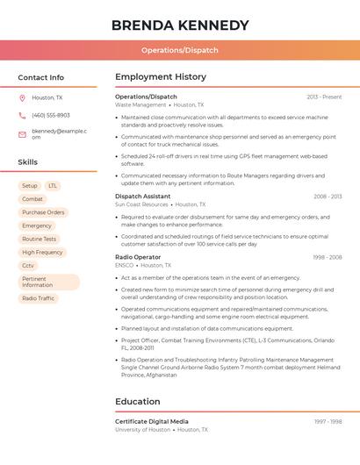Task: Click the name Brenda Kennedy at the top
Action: click(x=180, y=25)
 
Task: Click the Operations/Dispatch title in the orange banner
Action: click(x=180, y=50)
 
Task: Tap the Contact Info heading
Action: click(x=40, y=77)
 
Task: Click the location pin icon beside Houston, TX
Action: click(x=22, y=97)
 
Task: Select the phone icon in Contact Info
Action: click(x=22, y=115)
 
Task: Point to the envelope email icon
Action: click(x=22, y=134)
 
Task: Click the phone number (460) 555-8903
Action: click(x=51, y=115)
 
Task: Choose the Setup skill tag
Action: click(x=30, y=186)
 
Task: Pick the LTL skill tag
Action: click(x=53, y=186)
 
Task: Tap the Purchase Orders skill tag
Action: click(x=43, y=212)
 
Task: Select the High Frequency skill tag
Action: click(x=42, y=252)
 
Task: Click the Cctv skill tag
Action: click(x=28, y=265)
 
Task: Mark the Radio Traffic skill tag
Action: click(x=38, y=298)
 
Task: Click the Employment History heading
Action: click(x=161, y=77)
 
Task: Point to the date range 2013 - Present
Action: click(x=324, y=97)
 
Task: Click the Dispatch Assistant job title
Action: click(x=143, y=197)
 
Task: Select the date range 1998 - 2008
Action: click(x=328, y=257)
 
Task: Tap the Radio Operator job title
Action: click(x=138, y=257)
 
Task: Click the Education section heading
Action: click(x=138, y=402)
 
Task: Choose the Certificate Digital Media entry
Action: click(x=152, y=422)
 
